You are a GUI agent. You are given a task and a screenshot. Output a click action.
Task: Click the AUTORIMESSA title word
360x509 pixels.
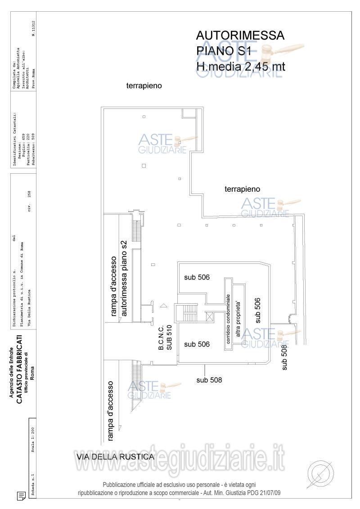click(241, 36)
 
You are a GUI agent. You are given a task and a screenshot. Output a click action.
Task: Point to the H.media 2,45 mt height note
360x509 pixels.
click(241, 66)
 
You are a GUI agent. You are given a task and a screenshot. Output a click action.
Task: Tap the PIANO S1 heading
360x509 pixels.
click(223, 51)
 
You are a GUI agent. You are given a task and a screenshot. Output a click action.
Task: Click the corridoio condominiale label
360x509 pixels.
click(229, 319)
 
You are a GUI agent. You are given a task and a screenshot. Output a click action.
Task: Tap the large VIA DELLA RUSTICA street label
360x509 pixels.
click(116, 457)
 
